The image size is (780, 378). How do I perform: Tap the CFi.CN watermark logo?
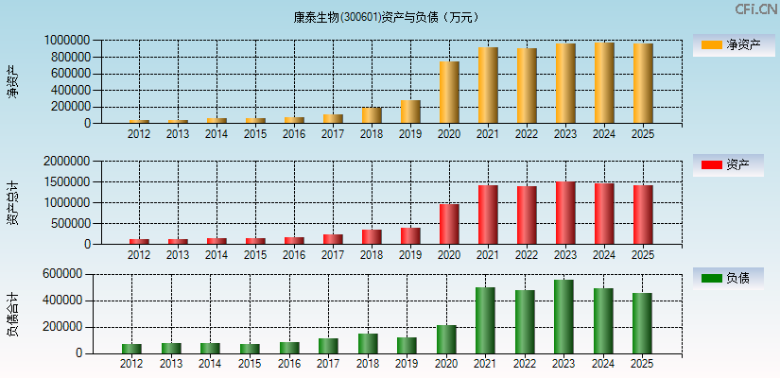click(x=755, y=9)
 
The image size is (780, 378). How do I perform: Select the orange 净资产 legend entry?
click(x=729, y=44)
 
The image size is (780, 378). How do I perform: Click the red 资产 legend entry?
click(x=729, y=165)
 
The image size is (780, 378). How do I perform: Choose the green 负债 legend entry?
click(x=729, y=278)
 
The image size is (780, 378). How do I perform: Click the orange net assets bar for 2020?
click(x=449, y=93)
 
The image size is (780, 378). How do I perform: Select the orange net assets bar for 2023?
click(x=565, y=83)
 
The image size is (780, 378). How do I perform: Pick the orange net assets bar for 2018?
click(x=372, y=115)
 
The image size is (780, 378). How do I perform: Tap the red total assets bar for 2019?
click(x=410, y=235)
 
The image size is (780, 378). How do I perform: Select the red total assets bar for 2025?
click(x=643, y=215)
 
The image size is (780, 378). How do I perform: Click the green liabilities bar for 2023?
click(x=563, y=317)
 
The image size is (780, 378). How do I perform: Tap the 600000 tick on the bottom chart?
click(x=83, y=274)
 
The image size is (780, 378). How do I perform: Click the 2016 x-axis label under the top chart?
click(x=294, y=134)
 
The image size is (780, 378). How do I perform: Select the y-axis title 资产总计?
click(x=12, y=203)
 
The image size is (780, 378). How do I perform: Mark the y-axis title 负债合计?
click(x=12, y=315)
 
